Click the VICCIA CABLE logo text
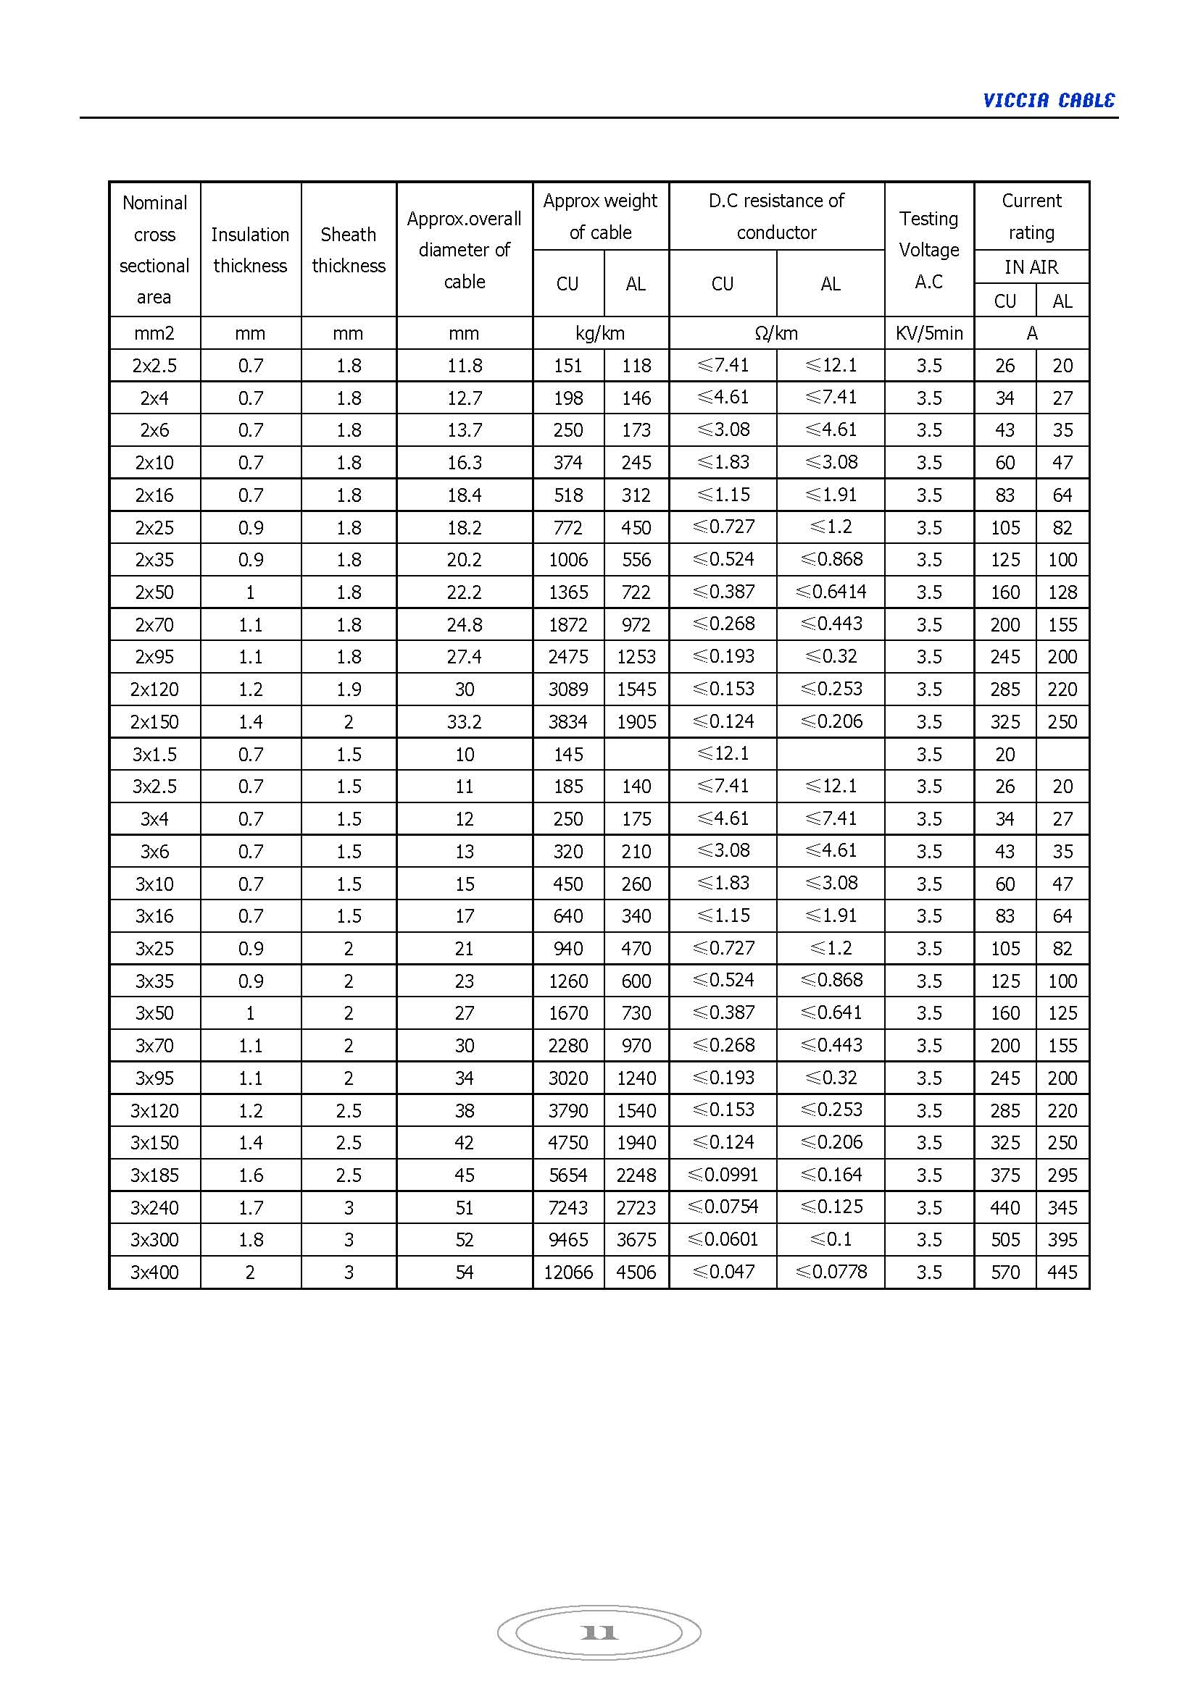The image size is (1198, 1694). pos(1048,101)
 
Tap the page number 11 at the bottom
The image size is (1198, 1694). pos(599,1632)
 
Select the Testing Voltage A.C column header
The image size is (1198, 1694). pos(928,249)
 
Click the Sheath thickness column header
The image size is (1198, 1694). pos(349,249)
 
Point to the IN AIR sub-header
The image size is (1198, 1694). pos(1031,267)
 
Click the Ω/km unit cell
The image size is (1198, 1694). pos(775,333)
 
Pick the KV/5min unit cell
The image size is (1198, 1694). pos(928,333)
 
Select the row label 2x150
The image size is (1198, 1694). pos(154,721)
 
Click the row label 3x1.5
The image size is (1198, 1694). pos(154,754)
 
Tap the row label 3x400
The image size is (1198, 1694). pos(154,1272)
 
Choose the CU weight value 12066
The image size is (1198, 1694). pos(567,1272)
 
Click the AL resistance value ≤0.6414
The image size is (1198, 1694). pos(831,592)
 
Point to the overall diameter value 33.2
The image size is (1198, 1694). pos(464,721)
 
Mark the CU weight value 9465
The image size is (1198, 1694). pos(567,1239)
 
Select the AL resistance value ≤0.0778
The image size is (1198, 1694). pos(831,1272)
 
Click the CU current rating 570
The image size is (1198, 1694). pos(1004,1272)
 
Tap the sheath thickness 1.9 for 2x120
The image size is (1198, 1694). pos(349,689)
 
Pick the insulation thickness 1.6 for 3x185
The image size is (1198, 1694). pos(250,1175)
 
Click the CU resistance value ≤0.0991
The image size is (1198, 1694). pos(723,1175)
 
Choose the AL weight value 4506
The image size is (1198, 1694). pos(636,1272)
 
